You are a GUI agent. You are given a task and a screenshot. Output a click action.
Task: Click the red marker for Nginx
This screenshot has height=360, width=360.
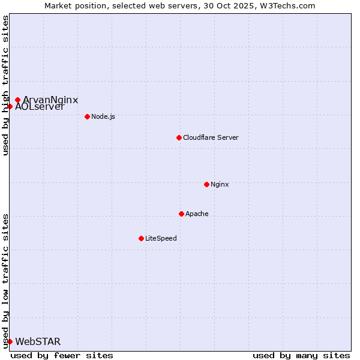click(206, 184)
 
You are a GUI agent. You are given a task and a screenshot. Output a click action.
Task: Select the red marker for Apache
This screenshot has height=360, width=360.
click(181, 214)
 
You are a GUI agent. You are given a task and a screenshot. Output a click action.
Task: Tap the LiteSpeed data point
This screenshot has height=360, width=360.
click(141, 238)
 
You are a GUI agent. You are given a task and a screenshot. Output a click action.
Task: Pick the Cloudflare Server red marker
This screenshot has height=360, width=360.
click(179, 137)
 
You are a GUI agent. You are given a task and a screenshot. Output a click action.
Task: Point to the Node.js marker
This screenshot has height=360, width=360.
click(87, 116)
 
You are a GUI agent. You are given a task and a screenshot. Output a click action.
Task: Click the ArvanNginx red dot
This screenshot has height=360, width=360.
click(17, 100)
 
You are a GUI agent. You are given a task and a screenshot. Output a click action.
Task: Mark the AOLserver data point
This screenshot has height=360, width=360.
click(10, 106)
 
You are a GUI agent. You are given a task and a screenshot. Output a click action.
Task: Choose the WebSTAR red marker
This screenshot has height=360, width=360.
click(10, 341)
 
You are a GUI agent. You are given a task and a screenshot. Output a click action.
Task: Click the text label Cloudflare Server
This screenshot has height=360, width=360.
click(211, 137)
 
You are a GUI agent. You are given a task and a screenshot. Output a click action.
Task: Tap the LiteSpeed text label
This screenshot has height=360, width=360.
click(161, 238)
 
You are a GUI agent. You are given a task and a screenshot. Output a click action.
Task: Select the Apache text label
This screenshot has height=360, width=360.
click(197, 214)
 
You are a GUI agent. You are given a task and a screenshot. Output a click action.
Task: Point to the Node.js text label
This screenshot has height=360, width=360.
click(103, 116)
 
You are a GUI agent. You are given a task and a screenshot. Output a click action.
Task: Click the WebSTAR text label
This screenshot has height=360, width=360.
click(38, 342)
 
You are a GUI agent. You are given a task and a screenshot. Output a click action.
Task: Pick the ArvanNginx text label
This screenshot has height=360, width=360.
click(51, 100)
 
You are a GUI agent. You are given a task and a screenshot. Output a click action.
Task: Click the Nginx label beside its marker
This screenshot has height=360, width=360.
click(220, 184)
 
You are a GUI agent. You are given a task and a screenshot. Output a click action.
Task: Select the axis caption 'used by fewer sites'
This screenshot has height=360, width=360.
click(62, 355)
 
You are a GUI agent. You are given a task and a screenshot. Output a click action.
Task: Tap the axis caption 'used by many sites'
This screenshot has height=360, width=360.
click(301, 355)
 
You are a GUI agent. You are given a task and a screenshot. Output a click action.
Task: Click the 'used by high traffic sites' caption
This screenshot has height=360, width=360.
click(5, 85)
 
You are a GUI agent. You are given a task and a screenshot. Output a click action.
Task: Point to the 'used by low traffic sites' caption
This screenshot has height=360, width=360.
click(5, 280)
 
